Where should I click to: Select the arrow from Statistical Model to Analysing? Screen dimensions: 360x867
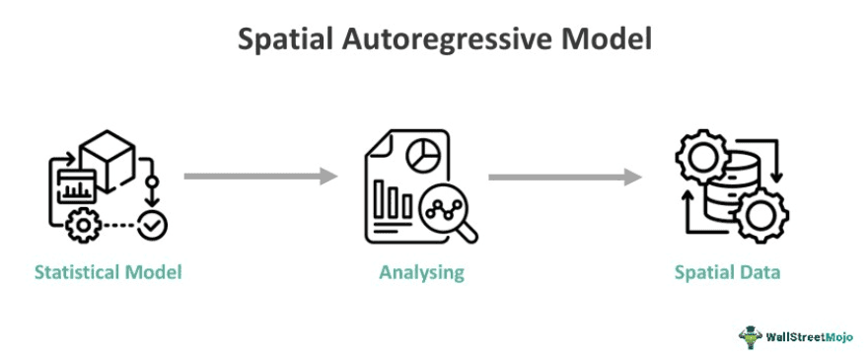point(260,177)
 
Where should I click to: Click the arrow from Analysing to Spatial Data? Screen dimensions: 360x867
point(564,177)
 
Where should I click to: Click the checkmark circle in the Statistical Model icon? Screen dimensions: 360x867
point(153,226)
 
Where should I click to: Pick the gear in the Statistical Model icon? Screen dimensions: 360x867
point(81,226)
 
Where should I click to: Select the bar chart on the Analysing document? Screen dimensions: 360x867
point(396,202)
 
